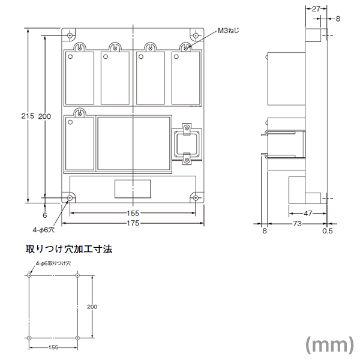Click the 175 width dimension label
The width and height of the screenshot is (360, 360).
(x=133, y=223)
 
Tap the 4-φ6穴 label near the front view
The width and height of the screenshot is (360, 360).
(x=43, y=229)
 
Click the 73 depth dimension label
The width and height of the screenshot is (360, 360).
(x=296, y=223)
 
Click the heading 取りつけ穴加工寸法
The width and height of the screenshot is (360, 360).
(x=69, y=248)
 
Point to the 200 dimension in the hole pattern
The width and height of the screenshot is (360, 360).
(x=92, y=307)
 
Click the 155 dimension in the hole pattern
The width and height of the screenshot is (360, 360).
(x=53, y=347)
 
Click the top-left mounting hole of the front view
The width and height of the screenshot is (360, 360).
(x=71, y=34)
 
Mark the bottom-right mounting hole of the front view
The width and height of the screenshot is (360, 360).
(x=196, y=197)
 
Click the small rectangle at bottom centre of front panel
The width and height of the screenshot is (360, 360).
(x=133, y=188)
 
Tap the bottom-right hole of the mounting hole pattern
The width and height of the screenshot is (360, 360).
(x=78, y=338)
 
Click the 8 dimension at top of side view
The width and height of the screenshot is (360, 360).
(x=337, y=19)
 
